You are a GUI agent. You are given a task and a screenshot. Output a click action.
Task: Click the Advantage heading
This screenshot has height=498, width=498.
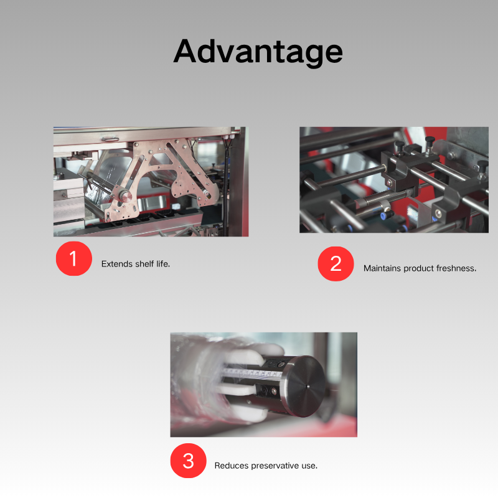[258, 52]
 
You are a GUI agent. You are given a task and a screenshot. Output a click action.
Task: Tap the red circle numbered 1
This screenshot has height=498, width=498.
[74, 258]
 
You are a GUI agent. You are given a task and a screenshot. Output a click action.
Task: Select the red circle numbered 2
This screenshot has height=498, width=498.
[336, 263]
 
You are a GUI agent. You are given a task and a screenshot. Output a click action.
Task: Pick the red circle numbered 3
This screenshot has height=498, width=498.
[189, 461]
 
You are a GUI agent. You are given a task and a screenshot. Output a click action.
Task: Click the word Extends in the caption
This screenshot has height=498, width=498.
[117, 264]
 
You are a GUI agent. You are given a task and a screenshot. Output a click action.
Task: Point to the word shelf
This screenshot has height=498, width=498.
[144, 264]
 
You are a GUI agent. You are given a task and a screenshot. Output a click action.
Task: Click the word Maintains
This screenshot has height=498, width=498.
[382, 268]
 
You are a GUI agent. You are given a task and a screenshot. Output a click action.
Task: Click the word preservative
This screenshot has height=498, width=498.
[275, 466]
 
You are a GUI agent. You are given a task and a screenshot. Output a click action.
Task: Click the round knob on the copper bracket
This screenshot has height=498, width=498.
[126, 196]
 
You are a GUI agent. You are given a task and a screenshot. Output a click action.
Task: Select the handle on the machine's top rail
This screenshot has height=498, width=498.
[110, 139]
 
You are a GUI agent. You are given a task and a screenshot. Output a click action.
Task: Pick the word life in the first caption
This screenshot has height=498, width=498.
[163, 264]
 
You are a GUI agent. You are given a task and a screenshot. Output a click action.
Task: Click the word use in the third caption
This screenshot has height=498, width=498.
[309, 466]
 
